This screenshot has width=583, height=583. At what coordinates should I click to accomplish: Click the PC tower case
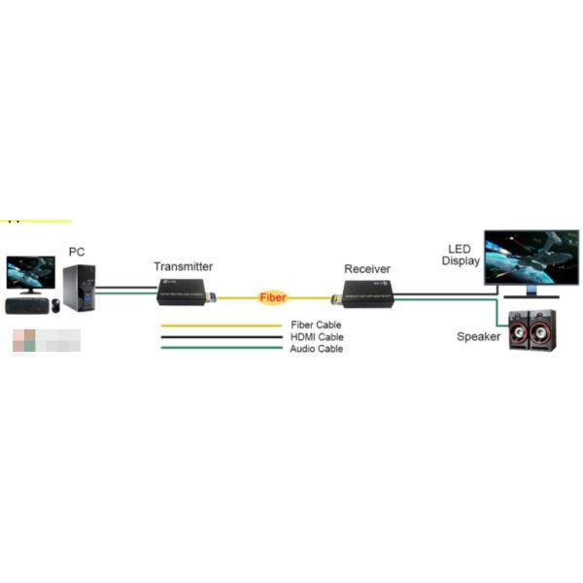point(79,288)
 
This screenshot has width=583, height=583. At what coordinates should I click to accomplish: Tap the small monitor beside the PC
point(30,273)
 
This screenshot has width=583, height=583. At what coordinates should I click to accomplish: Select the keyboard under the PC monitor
point(26,305)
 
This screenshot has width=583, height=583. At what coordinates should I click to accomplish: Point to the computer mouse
point(55,305)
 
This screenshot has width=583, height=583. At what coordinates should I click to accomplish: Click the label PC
point(77,253)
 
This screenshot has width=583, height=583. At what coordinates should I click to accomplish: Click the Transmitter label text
point(183,266)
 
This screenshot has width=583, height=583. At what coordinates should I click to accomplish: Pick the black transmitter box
point(186,290)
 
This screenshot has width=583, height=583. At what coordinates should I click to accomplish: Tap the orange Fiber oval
point(272,297)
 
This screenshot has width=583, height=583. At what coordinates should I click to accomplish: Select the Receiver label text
point(367,269)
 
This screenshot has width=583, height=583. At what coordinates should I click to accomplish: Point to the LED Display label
point(461,255)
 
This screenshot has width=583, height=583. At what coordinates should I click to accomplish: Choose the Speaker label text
point(479,337)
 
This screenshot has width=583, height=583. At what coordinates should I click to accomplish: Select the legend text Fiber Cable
point(316,325)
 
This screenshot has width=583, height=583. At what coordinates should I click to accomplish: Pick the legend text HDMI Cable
point(316,336)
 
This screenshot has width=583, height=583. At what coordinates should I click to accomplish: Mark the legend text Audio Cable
point(316,348)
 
